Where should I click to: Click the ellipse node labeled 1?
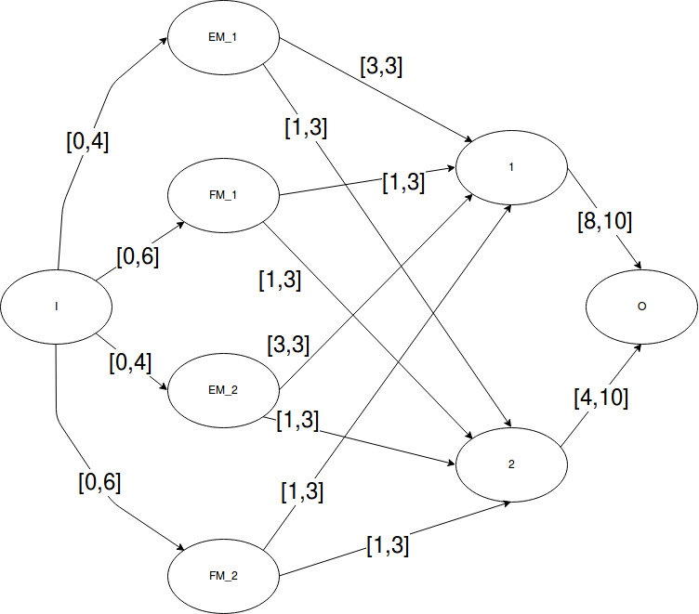[511, 168]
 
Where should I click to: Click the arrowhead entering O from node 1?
[638, 267]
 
